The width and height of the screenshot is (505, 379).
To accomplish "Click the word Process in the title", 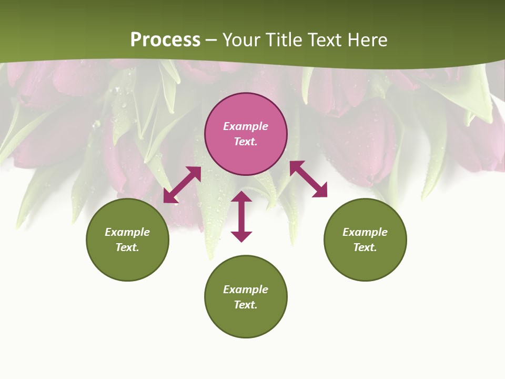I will tap(165, 40).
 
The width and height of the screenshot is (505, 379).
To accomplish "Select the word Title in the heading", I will tap(287, 40).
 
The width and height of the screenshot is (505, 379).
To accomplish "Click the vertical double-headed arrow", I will tap(241, 216).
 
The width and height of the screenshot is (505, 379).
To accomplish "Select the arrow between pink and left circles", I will tap(182, 184).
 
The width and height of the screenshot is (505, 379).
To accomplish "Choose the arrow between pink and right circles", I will tap(308, 179).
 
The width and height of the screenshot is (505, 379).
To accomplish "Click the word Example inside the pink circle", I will tap(246, 126).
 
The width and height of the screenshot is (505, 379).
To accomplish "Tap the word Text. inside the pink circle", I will tap(246, 142).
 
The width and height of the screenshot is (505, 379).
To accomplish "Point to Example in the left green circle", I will tap(127, 232).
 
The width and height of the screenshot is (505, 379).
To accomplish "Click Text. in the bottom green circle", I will tap(246, 305).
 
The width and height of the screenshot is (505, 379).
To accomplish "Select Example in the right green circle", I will tap(365, 232).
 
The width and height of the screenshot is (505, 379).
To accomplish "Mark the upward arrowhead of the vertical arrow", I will tap(241, 197).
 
